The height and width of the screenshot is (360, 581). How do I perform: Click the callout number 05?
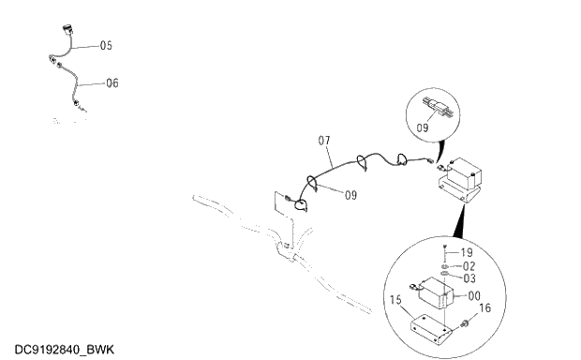click(106, 45)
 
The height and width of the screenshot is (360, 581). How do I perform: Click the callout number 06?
click(112, 82)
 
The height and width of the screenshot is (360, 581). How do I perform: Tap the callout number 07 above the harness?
click(325, 142)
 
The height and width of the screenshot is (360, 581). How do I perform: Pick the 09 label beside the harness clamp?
click(350, 195)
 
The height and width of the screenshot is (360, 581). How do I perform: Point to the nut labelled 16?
click(464, 324)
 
